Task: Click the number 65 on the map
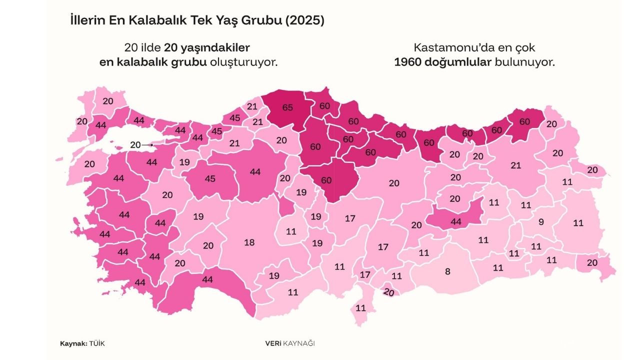287,107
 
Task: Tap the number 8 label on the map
447,271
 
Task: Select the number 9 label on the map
540,221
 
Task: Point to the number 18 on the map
249,242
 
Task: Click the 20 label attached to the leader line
135,144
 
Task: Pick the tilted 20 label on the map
389,292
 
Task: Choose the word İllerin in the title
87,21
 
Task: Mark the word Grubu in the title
257,21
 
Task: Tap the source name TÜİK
97,343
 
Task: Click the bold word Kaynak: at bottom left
73,343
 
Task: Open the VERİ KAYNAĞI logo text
290,343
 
